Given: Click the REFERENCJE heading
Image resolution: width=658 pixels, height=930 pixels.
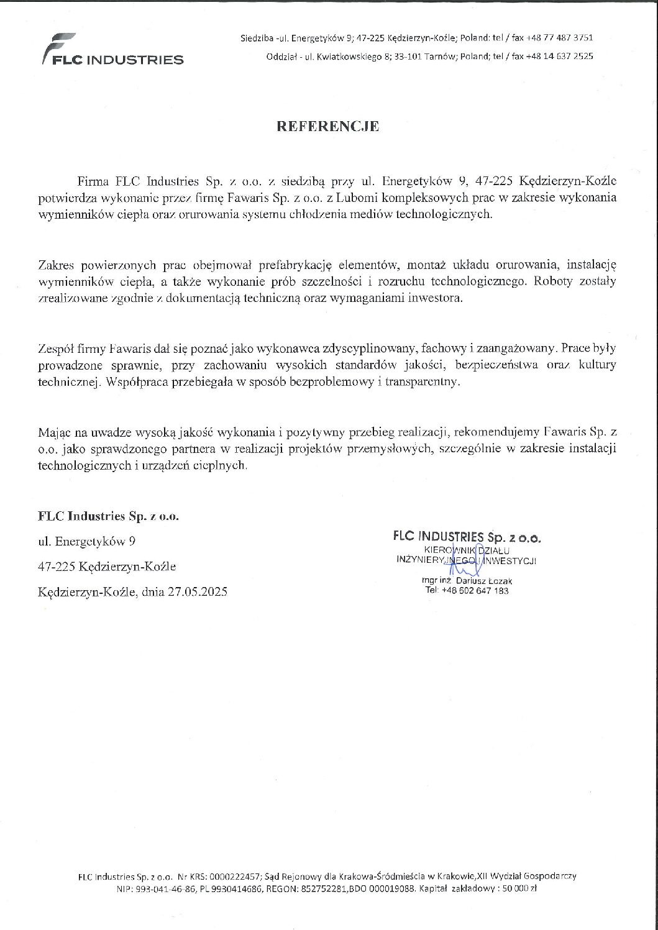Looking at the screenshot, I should point(327,127).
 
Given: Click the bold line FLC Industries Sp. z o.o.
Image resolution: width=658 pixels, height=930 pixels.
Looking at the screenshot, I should point(108,516).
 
